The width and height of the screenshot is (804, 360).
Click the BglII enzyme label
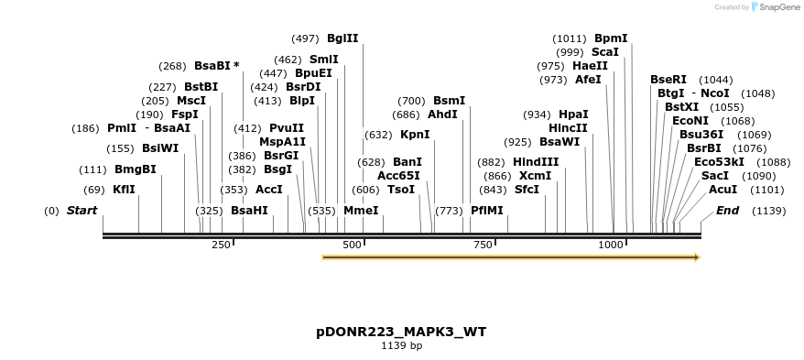[x=342, y=38]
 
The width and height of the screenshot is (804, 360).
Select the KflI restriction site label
[x=124, y=190]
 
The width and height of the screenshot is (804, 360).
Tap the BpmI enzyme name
[x=611, y=38]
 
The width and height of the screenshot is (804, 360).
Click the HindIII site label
[x=536, y=161]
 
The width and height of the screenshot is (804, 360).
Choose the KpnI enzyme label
[x=415, y=134]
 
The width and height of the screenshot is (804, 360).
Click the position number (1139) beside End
[x=769, y=211]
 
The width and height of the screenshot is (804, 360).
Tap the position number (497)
[x=305, y=38]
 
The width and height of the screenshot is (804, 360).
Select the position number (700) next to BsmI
[x=411, y=101]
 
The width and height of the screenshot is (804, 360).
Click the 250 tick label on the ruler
[x=221, y=245]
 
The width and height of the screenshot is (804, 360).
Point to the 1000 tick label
[x=610, y=245]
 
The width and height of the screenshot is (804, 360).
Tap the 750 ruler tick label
[x=482, y=245]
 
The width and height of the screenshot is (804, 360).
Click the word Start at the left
[x=81, y=211]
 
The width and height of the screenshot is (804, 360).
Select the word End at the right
[x=727, y=211]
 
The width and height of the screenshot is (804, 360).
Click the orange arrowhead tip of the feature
[x=698, y=257]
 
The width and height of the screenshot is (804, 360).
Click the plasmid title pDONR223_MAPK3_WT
[x=401, y=332]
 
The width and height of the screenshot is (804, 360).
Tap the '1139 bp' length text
[x=401, y=346]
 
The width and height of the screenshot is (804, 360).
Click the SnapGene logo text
[x=778, y=7]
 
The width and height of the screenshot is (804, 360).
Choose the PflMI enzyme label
[x=486, y=211]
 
